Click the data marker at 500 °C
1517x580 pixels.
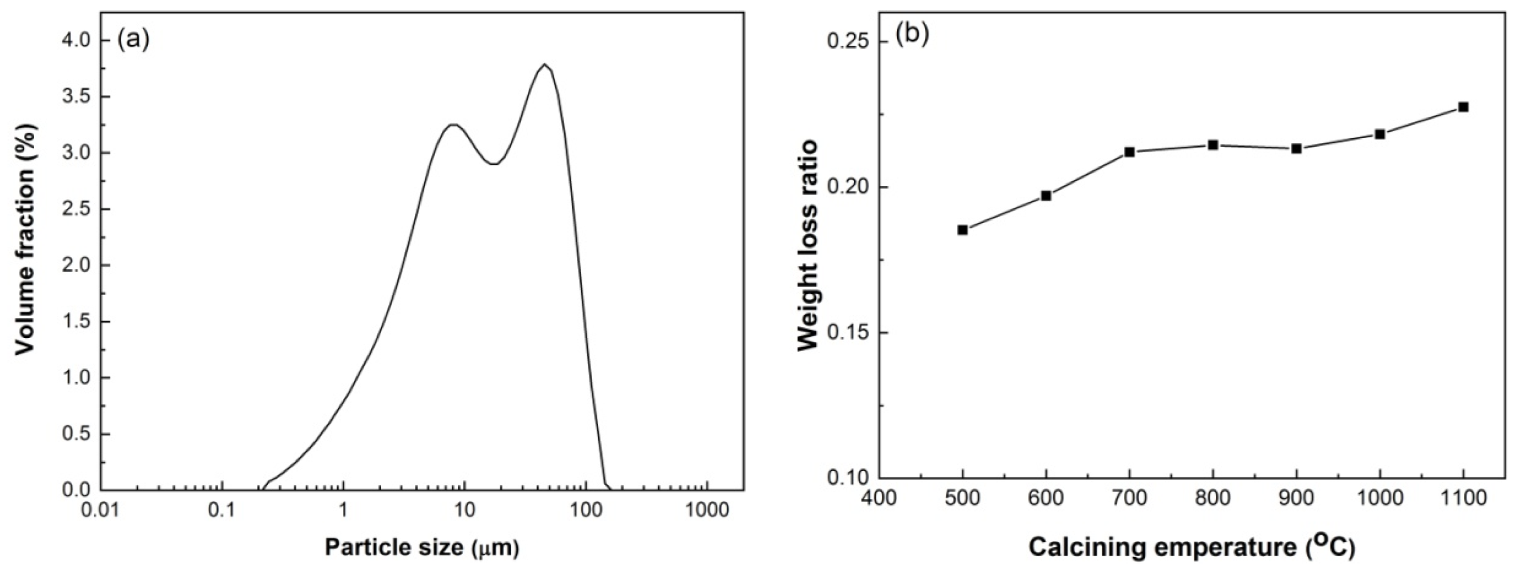[x=962, y=230]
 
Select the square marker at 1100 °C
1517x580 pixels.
[x=1463, y=107]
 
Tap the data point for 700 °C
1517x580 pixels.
[x=1130, y=152]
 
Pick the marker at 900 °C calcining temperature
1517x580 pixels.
[x=1296, y=148]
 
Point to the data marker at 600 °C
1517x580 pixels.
[x=1046, y=195]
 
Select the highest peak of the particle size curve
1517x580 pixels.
[x=545, y=64]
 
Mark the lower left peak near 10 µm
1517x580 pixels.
[x=453, y=124]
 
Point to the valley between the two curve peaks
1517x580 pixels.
[x=495, y=164]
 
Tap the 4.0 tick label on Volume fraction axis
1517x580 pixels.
[x=76, y=40]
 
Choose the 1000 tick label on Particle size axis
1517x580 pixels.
[x=707, y=511]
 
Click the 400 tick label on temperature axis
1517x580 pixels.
[x=879, y=498]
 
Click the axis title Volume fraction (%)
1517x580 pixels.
[x=26, y=239]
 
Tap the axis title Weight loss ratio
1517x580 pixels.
[x=808, y=246]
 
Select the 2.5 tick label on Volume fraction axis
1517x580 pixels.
[x=76, y=209]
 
